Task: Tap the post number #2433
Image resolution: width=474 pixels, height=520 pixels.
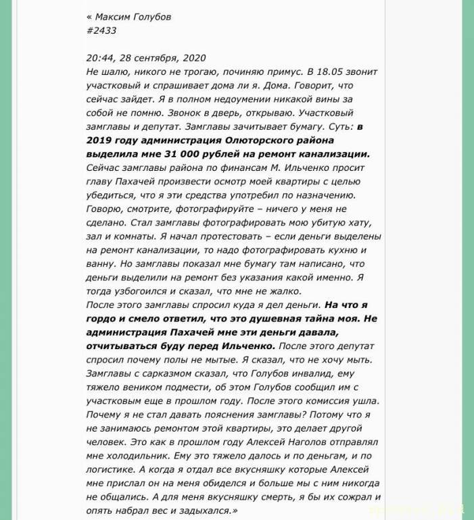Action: [101, 30]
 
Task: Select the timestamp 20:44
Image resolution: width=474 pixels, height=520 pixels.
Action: [101, 58]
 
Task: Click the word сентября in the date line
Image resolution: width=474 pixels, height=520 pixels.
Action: [160, 58]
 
